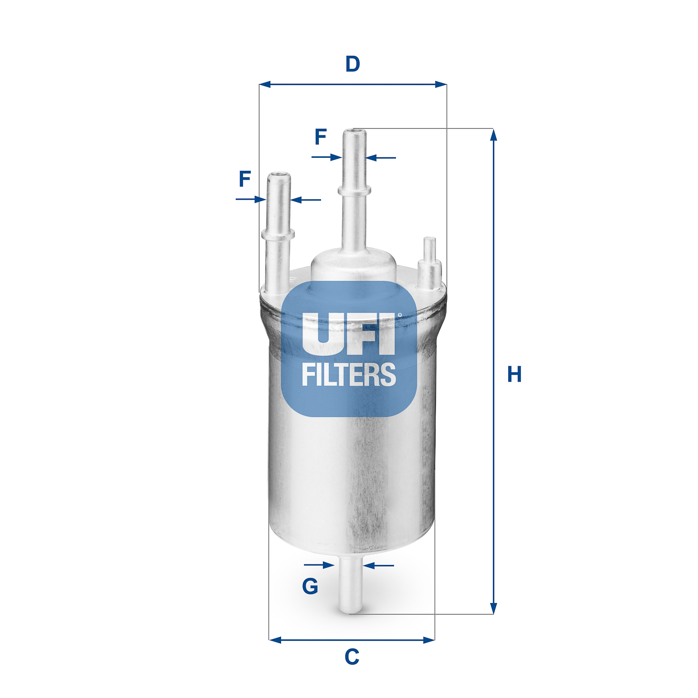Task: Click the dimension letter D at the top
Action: pos(353,64)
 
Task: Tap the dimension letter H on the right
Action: pos(514,374)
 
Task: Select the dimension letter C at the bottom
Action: pos(352,657)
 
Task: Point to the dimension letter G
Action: pos(310,586)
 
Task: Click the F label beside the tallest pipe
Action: pos(321,137)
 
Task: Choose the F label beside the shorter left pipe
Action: pos(245,179)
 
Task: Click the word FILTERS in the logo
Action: pos(349,375)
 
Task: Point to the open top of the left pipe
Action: pos(279,176)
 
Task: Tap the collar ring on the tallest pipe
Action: pos(355,190)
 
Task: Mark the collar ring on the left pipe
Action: pos(278,234)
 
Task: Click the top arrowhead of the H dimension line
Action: pos(494,135)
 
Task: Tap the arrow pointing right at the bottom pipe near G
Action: pos(328,565)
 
